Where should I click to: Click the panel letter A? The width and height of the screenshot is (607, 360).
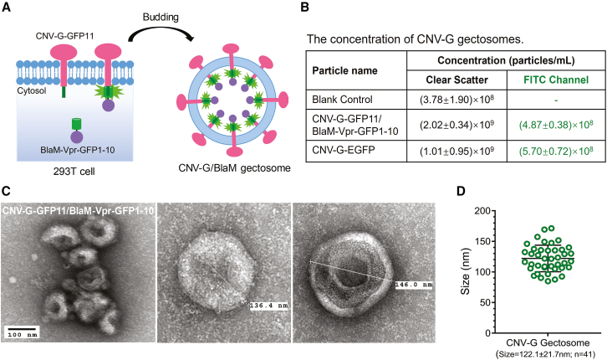(x=8, y=8)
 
